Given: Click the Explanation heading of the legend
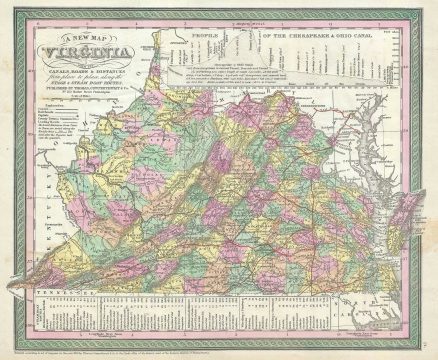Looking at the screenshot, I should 51,131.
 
